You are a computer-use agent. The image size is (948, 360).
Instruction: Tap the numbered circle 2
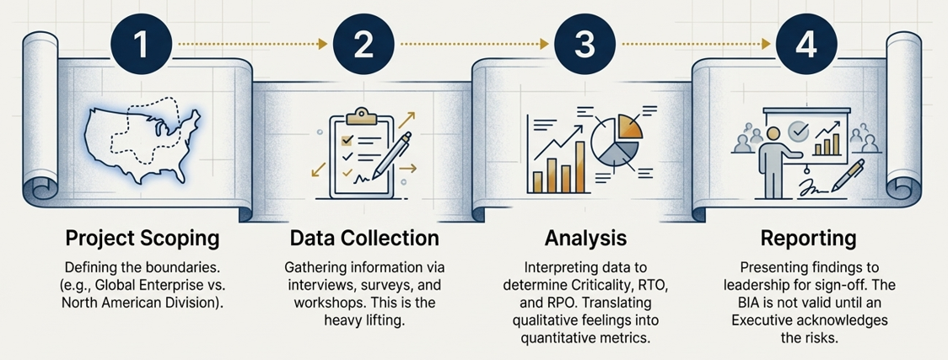[364, 45]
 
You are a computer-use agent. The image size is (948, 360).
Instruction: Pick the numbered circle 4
[806, 45]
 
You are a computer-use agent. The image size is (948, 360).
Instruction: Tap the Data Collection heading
[364, 237]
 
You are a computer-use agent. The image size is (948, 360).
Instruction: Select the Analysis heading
[584, 237]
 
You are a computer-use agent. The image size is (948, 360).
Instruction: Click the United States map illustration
[142, 139]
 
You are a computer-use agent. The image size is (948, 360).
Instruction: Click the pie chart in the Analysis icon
[613, 139]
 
